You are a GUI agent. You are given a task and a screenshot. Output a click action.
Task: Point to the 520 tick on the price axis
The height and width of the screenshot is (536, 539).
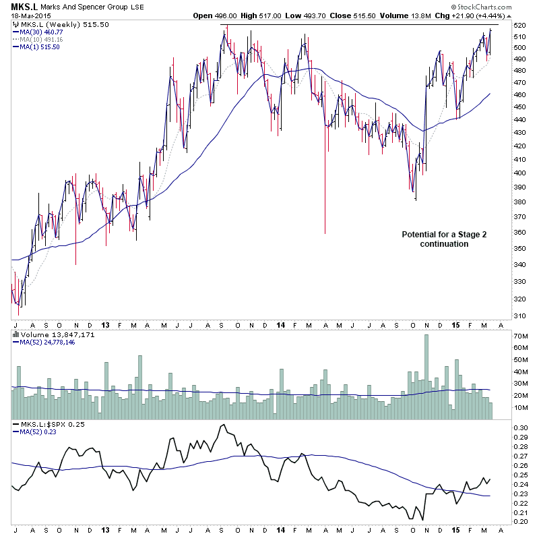519,25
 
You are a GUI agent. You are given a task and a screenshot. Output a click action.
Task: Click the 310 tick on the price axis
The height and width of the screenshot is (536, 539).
519,316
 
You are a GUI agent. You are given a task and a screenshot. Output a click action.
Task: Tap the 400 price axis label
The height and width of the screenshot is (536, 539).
519,173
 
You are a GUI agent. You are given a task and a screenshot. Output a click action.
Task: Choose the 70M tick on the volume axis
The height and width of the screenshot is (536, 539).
521,335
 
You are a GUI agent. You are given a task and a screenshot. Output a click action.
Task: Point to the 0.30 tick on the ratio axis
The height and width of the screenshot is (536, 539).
521,427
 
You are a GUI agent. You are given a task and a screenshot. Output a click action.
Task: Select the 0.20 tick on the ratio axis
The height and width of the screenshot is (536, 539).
521,521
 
